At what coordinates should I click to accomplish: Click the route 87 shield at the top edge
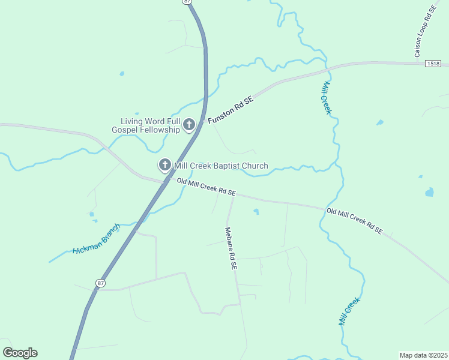[188, 2]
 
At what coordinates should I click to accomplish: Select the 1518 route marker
[432, 63]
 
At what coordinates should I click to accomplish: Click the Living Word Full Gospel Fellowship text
[146, 125]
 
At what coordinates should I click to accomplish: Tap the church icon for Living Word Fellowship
[189, 125]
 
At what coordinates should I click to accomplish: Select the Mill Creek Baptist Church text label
[220, 166]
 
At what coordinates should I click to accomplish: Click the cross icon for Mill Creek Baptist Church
[164, 165]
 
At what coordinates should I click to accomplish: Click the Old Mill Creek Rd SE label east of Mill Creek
[355, 220]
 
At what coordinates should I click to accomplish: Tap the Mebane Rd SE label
[231, 247]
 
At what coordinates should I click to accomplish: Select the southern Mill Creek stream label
[349, 311]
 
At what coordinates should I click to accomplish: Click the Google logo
[20, 353]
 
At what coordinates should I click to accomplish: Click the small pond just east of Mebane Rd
[256, 211]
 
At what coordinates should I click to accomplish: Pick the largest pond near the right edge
[429, 193]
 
